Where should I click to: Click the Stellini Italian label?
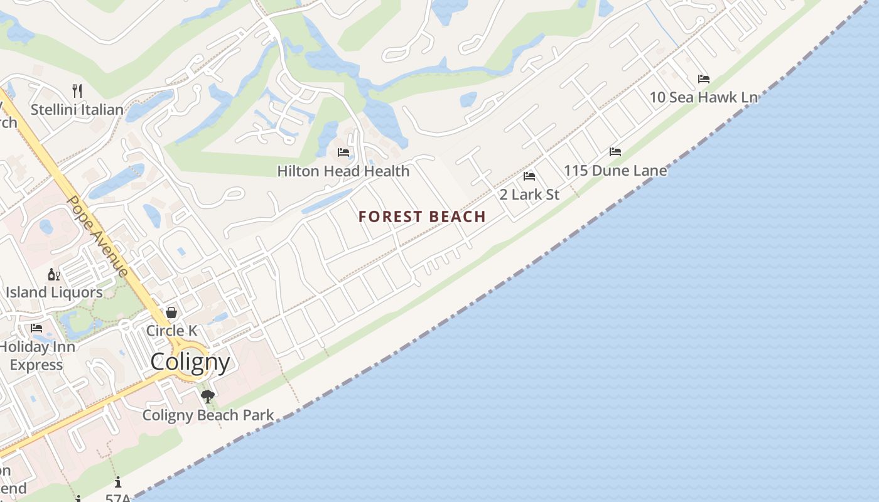point(77,110)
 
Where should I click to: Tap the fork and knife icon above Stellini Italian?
point(77,90)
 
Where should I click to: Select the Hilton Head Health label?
point(343,171)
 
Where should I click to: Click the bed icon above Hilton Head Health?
point(343,152)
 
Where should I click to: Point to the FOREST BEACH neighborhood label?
point(422,217)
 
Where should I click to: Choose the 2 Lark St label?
point(529,195)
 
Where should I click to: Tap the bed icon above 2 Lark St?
point(529,176)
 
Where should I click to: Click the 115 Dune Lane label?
point(615,171)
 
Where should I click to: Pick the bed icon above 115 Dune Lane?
point(615,152)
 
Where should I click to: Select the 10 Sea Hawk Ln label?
point(703,97)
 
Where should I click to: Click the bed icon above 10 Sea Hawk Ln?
point(704,79)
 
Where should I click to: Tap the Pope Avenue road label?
point(98,236)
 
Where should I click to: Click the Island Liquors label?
point(54,292)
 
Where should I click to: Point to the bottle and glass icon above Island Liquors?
point(54,274)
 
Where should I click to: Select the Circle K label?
point(171,331)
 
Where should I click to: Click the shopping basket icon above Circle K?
point(171,312)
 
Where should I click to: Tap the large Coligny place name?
point(190,362)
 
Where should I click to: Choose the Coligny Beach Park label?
point(208,415)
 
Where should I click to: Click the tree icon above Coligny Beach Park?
point(208,396)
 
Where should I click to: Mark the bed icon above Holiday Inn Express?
point(36,328)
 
